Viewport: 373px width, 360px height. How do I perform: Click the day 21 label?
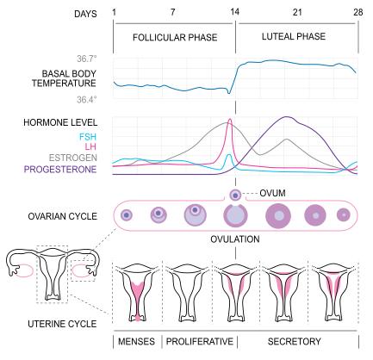click(x=297, y=12)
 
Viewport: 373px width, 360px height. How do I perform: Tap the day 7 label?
click(x=172, y=12)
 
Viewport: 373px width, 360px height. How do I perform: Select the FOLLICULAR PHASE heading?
click(x=175, y=37)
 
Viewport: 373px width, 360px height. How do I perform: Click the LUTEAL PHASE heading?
click(x=294, y=36)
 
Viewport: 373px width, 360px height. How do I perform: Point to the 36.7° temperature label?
click(x=87, y=59)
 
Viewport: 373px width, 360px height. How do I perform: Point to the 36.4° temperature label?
click(x=87, y=100)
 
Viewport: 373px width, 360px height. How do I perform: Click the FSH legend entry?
click(x=88, y=137)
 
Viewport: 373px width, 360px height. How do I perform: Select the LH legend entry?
click(x=90, y=146)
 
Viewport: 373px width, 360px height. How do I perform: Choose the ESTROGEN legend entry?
click(x=73, y=158)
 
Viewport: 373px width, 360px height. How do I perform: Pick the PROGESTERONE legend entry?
click(x=60, y=169)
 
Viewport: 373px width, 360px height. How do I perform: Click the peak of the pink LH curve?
click(x=229, y=119)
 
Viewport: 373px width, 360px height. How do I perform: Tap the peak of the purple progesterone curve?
click(x=286, y=117)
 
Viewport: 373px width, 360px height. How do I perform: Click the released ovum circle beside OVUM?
click(x=235, y=196)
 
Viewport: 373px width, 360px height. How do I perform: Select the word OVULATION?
click(x=235, y=239)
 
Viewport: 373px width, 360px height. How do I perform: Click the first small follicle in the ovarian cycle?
click(x=127, y=214)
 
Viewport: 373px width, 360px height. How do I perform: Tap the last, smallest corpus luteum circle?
click(x=344, y=214)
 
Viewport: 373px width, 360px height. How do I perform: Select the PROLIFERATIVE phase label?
click(x=200, y=341)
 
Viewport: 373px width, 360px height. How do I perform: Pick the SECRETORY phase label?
click(x=295, y=341)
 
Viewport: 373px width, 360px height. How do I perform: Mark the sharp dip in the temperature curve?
click(x=229, y=93)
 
